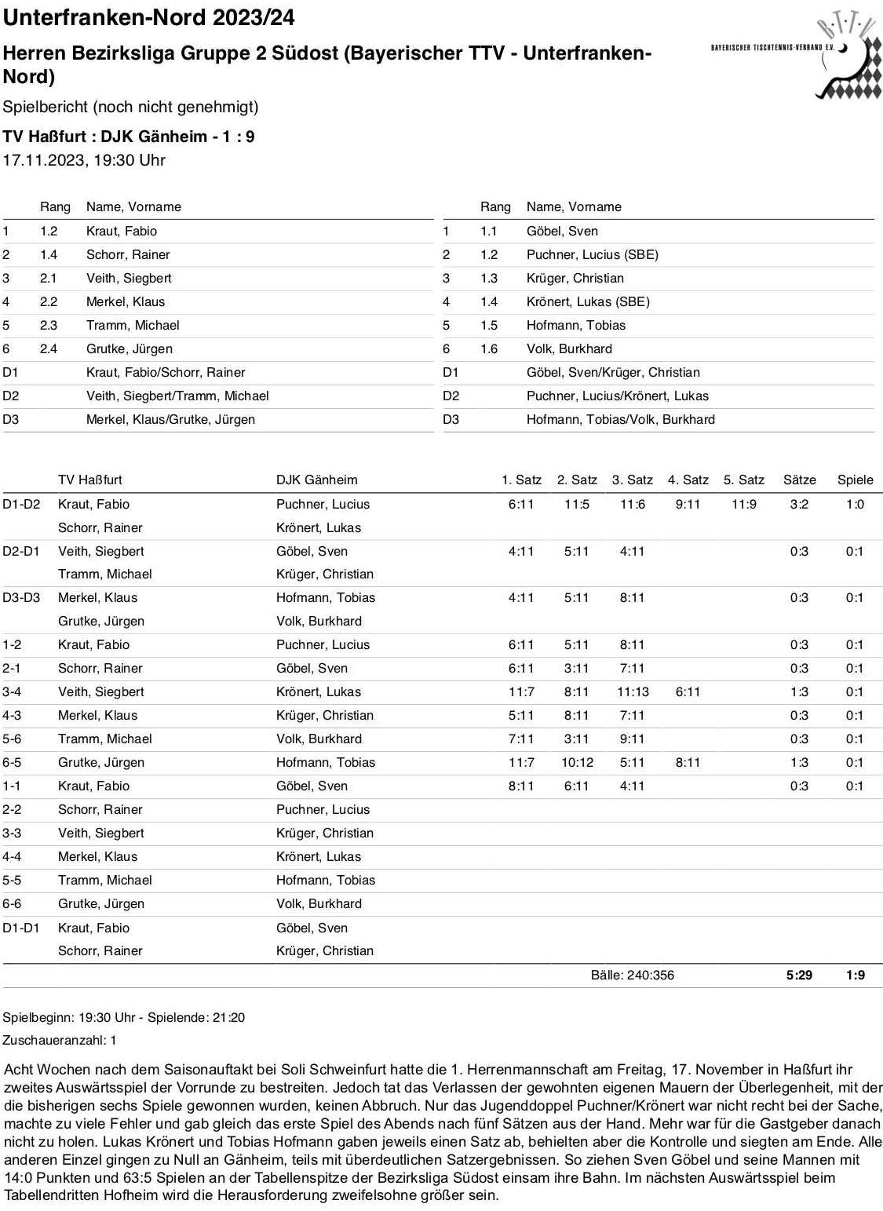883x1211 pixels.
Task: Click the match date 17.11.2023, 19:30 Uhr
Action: [84, 160]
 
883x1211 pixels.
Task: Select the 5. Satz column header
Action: [743, 480]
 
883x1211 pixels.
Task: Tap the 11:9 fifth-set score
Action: [743, 504]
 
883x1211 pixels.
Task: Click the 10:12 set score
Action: [577, 762]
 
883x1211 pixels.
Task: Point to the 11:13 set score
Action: [633, 691]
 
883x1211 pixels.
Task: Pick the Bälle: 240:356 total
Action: [632, 975]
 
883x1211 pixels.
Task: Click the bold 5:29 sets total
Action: [799, 975]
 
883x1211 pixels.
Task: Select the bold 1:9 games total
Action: [855, 975]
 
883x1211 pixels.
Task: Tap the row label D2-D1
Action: [21, 551]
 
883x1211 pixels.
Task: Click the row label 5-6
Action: [12, 739]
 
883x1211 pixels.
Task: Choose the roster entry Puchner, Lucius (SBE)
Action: [592, 254]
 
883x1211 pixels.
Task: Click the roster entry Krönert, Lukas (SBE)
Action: [588, 301]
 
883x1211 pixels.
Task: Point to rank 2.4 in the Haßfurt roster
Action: [49, 348]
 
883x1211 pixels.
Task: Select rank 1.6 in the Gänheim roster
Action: [489, 348]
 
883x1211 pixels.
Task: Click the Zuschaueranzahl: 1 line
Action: [60, 1040]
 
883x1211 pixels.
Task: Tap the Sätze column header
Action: [799, 480]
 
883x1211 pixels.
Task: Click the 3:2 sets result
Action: [799, 504]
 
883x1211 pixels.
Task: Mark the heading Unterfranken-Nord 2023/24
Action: [149, 17]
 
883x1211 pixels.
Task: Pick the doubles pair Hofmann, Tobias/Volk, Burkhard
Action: [620, 419]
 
